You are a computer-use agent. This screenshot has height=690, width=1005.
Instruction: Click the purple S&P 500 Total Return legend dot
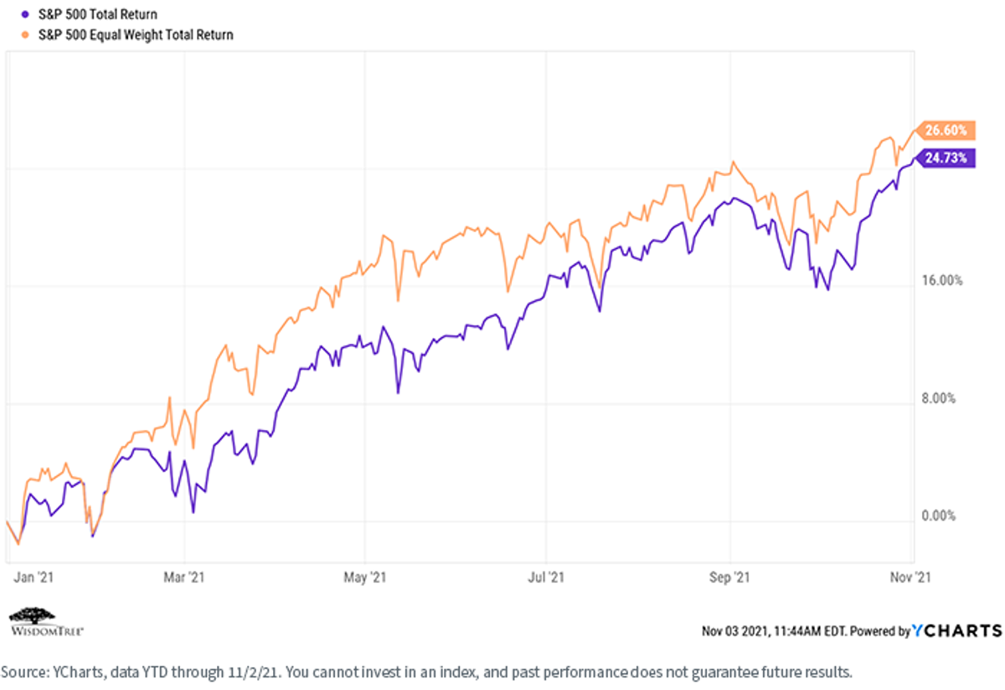pyautogui.click(x=26, y=14)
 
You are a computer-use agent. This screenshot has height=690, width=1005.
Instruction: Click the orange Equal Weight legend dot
pyautogui.click(x=26, y=34)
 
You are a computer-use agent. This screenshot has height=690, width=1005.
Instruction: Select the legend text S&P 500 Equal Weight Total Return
pyautogui.click(x=136, y=34)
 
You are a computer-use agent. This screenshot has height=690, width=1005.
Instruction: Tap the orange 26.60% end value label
pyautogui.click(x=946, y=130)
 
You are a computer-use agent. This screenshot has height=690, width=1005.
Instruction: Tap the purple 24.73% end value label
pyautogui.click(x=946, y=158)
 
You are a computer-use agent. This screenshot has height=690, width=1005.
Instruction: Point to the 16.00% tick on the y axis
pyautogui.click(x=942, y=281)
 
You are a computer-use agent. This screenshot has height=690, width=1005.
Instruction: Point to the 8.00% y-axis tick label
pyautogui.click(x=939, y=398)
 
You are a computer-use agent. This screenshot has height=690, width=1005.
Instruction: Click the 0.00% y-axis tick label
pyautogui.click(x=939, y=516)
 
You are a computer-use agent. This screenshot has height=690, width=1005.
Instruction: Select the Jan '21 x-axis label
pyautogui.click(x=33, y=578)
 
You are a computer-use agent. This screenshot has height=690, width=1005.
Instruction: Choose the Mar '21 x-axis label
pyautogui.click(x=184, y=578)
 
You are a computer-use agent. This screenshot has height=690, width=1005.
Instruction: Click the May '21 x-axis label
pyautogui.click(x=365, y=578)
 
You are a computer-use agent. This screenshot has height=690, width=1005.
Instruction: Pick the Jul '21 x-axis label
pyautogui.click(x=546, y=578)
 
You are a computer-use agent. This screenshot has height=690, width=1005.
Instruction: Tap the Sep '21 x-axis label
pyautogui.click(x=729, y=578)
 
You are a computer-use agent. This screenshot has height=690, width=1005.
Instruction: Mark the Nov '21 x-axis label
pyautogui.click(x=910, y=578)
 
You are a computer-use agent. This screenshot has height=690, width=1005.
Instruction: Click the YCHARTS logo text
pyautogui.click(x=957, y=630)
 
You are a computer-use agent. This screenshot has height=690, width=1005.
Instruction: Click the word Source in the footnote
pyautogui.click(x=24, y=672)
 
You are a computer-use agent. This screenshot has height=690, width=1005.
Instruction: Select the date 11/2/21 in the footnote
pyautogui.click(x=253, y=672)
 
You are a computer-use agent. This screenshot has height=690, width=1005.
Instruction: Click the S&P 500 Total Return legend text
pyautogui.click(x=98, y=14)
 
